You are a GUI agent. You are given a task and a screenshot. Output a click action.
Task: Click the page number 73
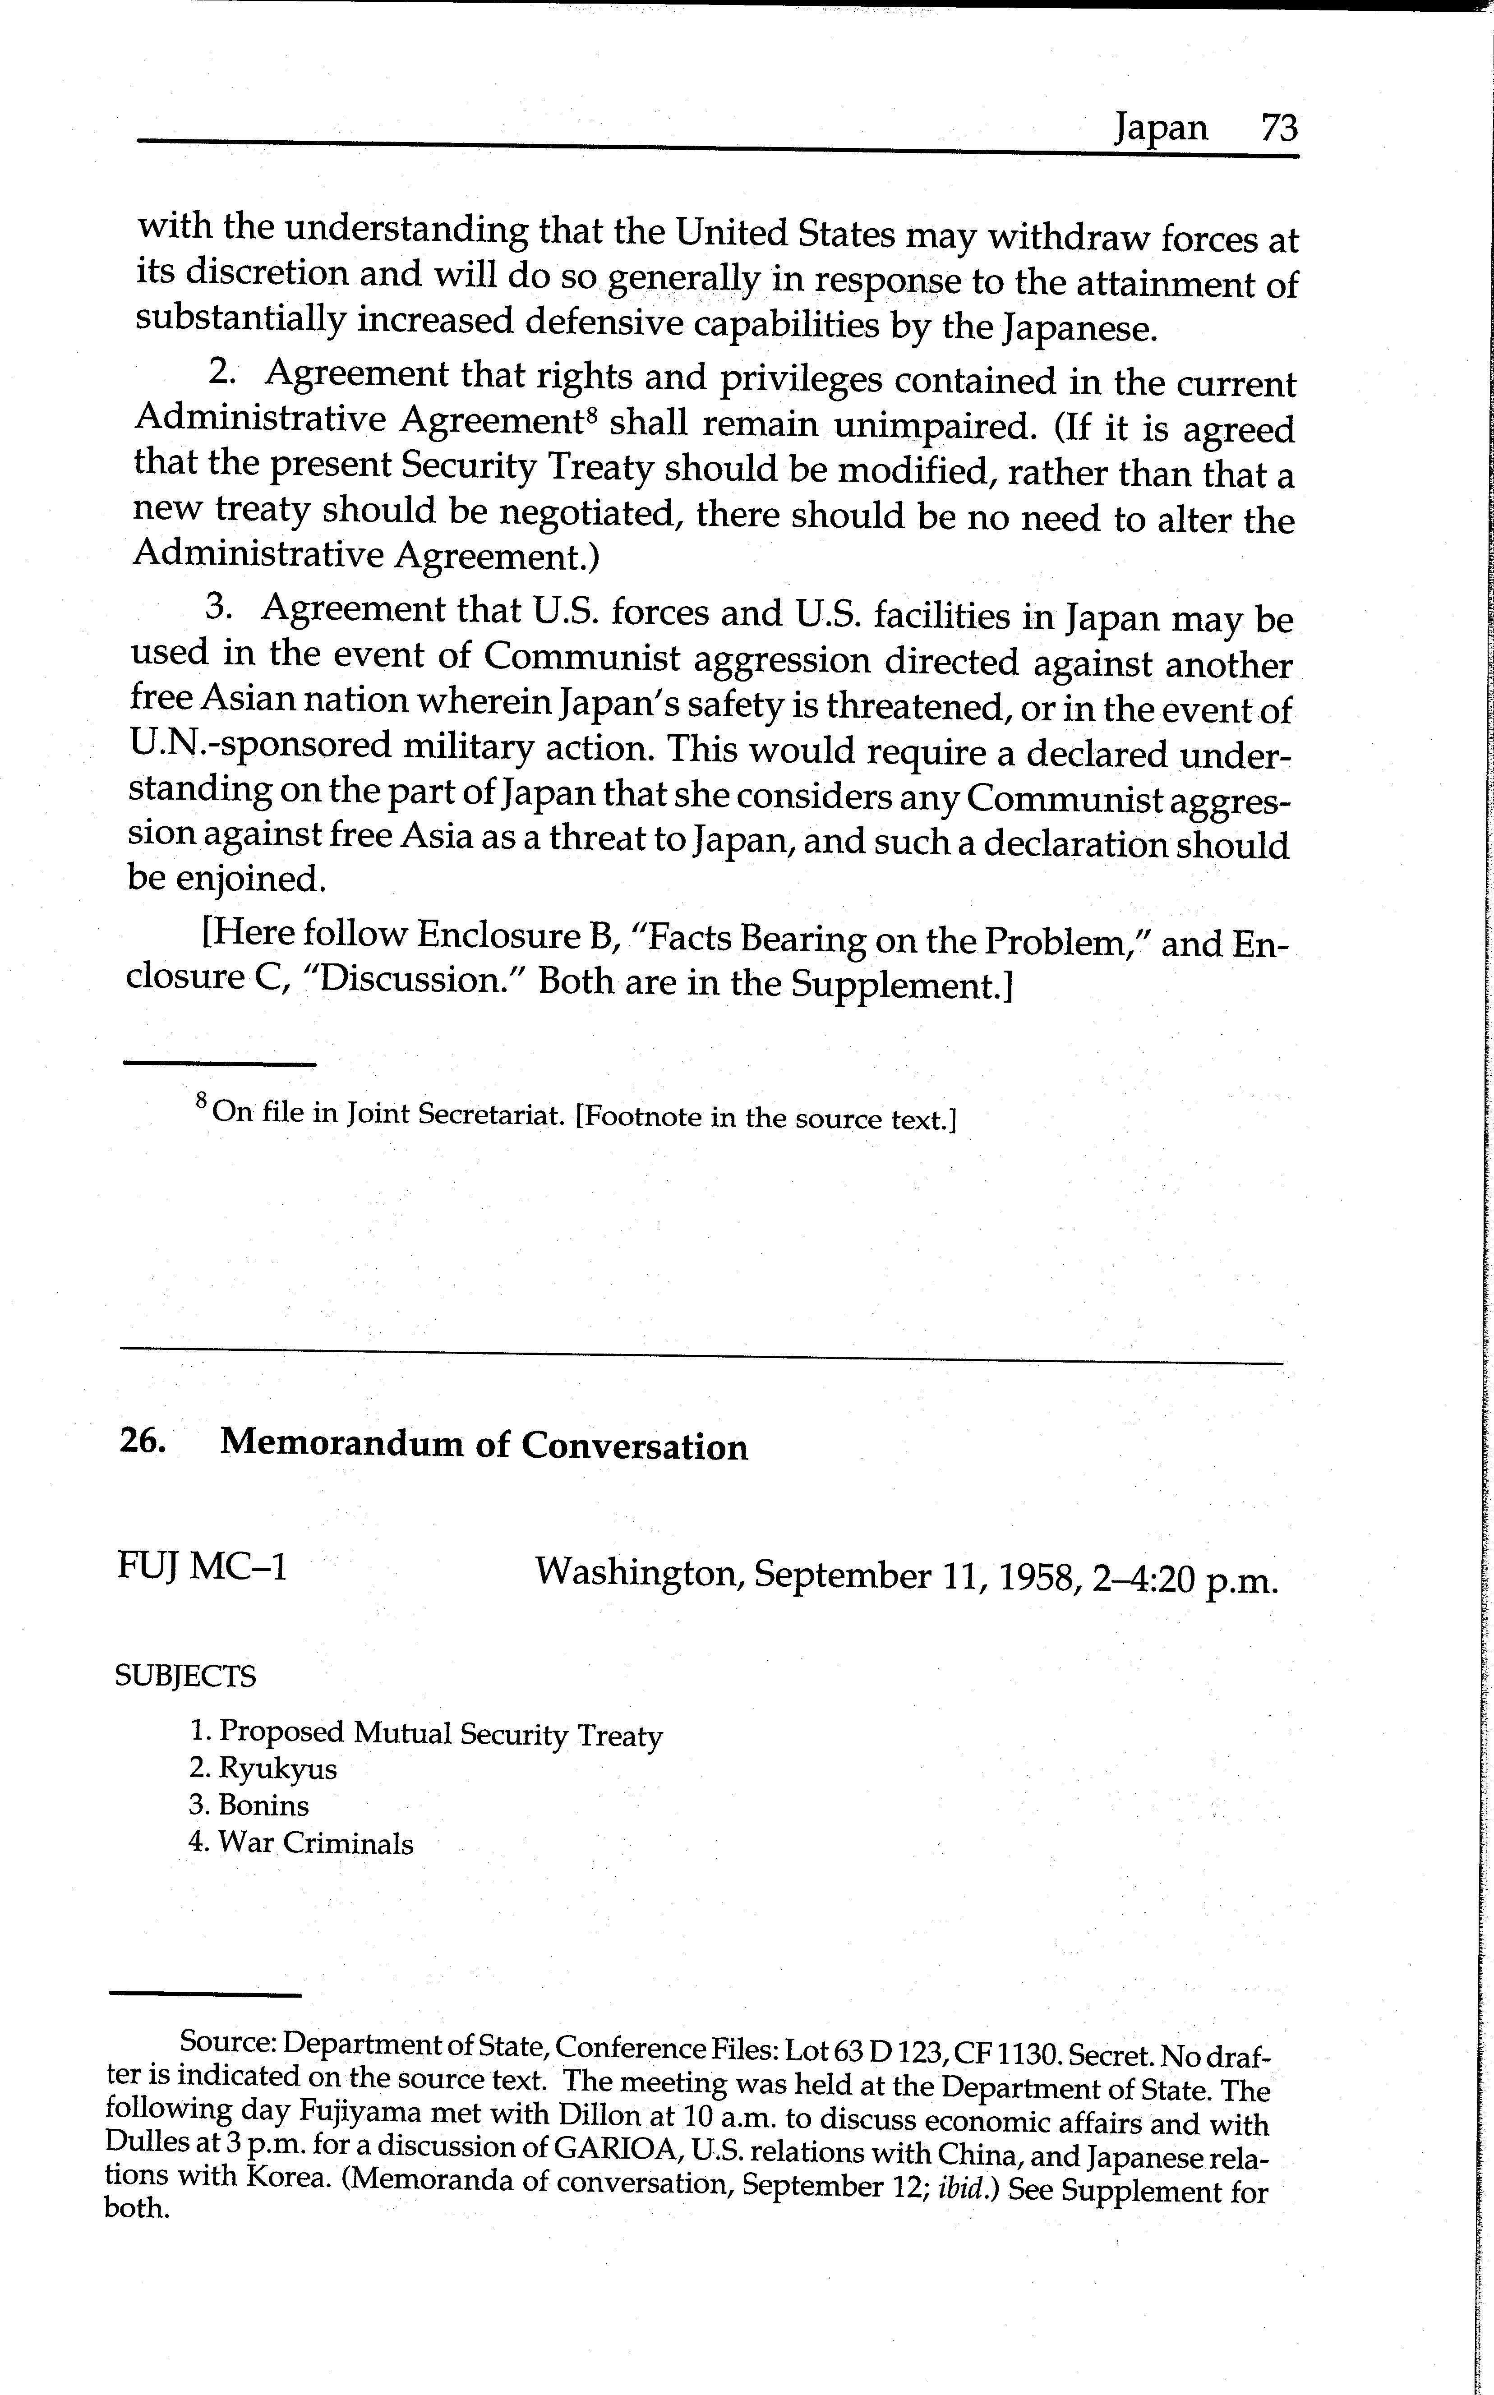[x=1278, y=129]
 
